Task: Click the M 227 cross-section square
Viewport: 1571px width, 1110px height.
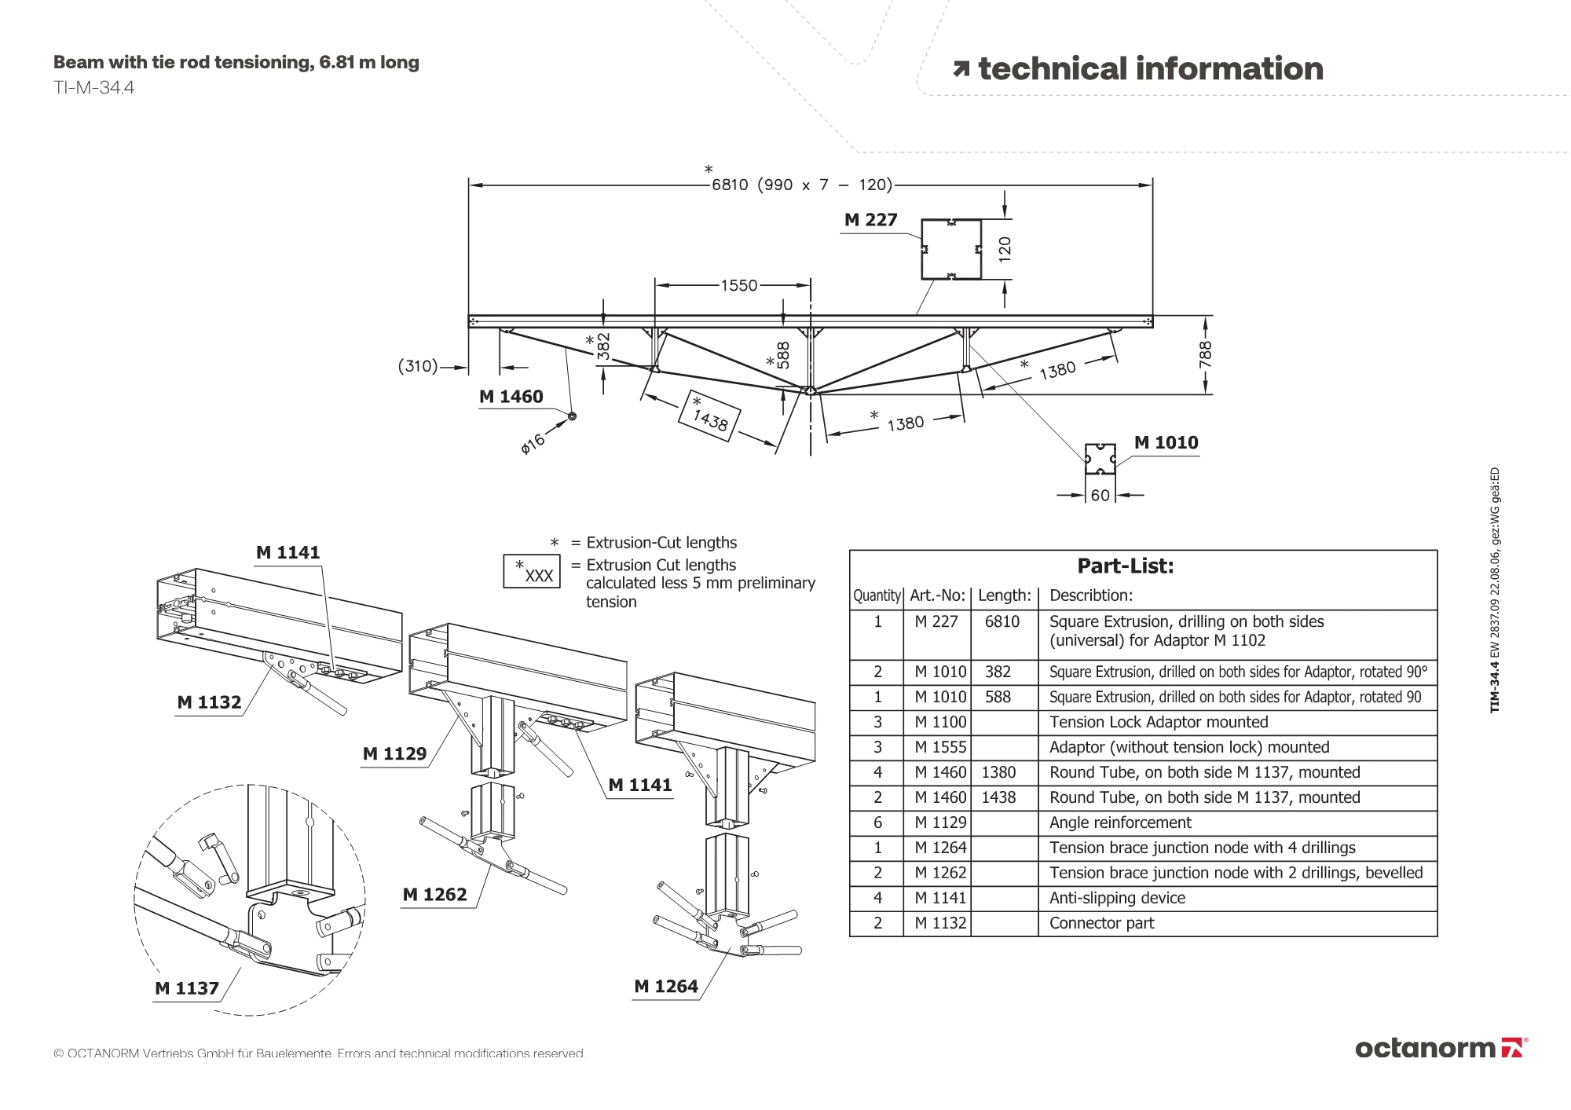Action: click(951, 249)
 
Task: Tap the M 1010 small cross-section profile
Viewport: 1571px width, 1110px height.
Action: click(1100, 459)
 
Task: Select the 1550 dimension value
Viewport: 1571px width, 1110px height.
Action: click(739, 286)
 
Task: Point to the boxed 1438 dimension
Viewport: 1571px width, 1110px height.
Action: click(709, 416)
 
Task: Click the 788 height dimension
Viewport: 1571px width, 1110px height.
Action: click(1206, 354)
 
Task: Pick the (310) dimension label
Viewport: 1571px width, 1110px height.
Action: click(418, 366)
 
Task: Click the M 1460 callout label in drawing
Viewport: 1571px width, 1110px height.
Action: click(511, 397)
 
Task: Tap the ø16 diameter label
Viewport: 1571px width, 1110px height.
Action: click(533, 444)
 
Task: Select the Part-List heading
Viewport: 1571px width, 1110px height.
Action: click(1125, 566)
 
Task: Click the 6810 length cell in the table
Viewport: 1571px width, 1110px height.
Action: click(1002, 622)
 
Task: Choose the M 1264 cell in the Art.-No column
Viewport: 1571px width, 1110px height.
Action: click(940, 848)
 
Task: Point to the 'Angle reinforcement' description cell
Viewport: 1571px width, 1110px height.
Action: click(1120, 823)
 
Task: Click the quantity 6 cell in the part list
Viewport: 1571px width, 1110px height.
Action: click(877, 823)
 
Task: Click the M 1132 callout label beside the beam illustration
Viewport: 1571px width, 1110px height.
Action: click(209, 703)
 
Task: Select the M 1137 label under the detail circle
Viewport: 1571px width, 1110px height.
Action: click(187, 989)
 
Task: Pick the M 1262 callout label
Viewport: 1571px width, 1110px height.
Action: click(434, 895)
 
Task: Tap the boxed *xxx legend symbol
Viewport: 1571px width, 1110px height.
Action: click(532, 572)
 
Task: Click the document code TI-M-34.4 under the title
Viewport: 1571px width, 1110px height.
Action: click(93, 88)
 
